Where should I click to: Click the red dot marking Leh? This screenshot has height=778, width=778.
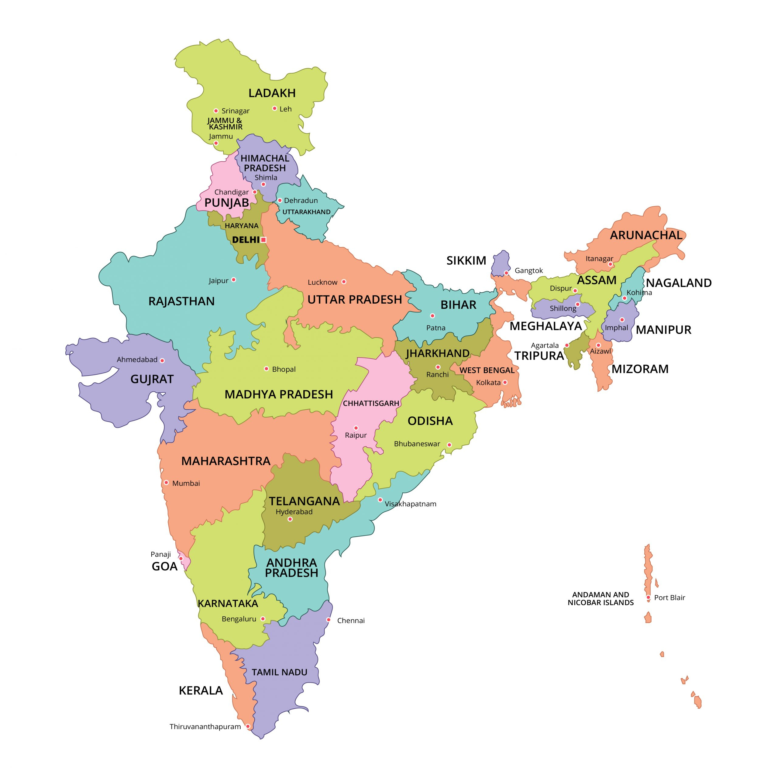click(x=274, y=108)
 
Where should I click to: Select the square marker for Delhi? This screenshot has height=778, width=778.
click(x=263, y=239)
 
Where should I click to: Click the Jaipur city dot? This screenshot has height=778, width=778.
click(x=234, y=280)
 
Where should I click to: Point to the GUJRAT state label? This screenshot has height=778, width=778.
click(x=152, y=379)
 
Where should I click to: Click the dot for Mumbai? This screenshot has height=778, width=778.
click(x=166, y=482)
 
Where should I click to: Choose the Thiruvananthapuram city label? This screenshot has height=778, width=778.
click(x=205, y=726)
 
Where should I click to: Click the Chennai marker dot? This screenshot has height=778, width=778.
click(x=329, y=620)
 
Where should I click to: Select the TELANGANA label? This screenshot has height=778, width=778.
click(x=305, y=501)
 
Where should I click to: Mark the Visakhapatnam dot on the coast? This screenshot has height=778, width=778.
click(x=380, y=500)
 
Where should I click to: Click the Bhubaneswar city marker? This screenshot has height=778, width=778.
click(x=449, y=445)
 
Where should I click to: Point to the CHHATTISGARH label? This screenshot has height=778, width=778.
click(x=371, y=403)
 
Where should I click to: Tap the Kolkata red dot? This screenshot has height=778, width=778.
click(x=505, y=382)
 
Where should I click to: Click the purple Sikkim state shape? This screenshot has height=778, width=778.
click(x=501, y=263)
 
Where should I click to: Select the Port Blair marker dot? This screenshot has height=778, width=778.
click(x=648, y=597)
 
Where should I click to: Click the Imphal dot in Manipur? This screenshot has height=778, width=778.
click(x=622, y=320)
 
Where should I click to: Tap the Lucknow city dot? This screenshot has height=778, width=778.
click(x=343, y=281)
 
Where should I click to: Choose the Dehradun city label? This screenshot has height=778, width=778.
click(x=301, y=201)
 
